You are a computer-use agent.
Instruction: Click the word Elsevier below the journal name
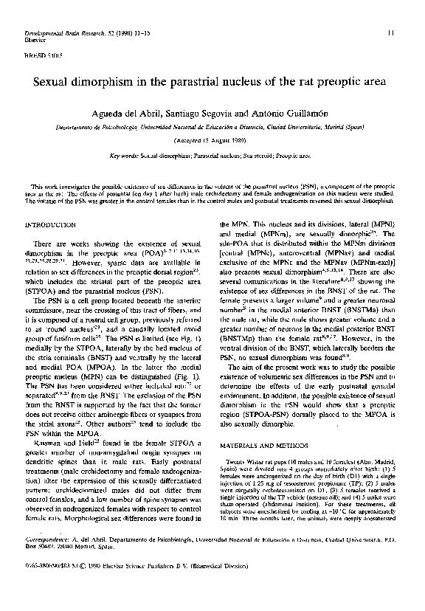(x=35, y=41)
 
